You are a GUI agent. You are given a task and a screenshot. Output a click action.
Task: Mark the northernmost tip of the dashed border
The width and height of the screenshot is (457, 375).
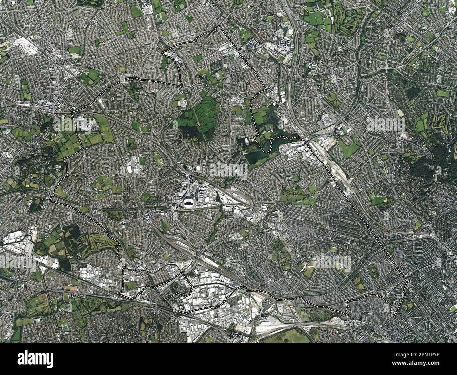click(x=220, y=26)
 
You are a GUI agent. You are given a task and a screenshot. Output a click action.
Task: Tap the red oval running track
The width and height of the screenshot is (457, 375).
click(x=122, y=68)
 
